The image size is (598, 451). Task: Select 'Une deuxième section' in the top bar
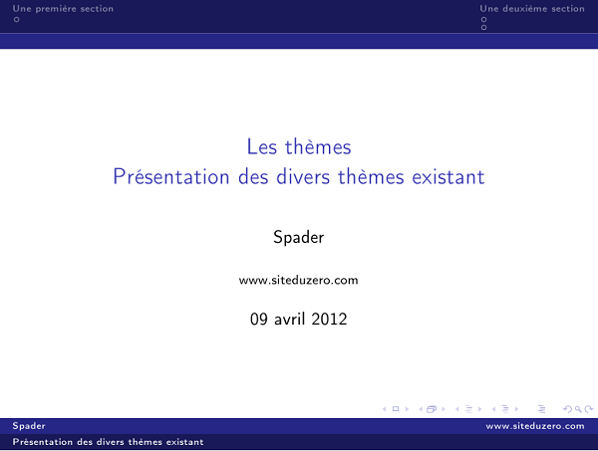[x=531, y=9]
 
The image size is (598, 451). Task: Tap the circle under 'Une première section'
[x=16, y=19]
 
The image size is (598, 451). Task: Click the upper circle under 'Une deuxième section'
[x=484, y=19]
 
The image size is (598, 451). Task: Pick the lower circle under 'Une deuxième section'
[x=484, y=27]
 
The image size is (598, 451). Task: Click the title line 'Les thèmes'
[x=299, y=147]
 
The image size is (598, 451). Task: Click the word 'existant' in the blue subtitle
[x=448, y=177]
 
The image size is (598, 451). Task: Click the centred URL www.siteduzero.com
[x=299, y=281]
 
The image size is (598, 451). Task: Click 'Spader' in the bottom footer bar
[x=28, y=426]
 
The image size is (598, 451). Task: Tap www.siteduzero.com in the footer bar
[x=535, y=426]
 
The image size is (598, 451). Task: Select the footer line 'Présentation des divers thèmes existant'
[x=109, y=441]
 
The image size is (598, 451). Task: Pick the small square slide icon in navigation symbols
[x=396, y=408]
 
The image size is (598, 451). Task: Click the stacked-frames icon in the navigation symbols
[x=432, y=408]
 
